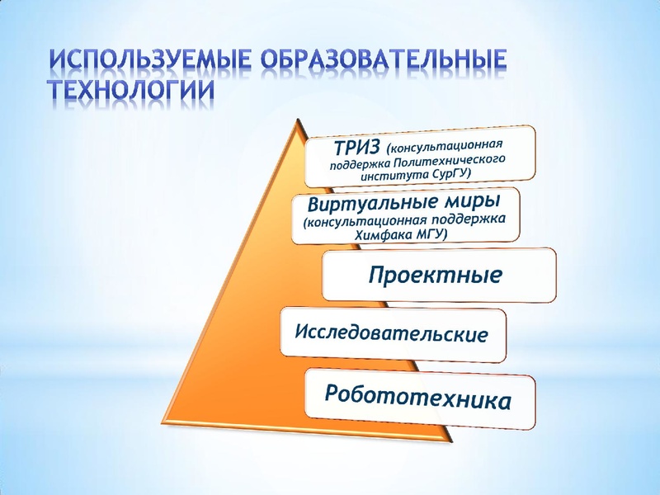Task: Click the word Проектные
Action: point(434,274)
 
